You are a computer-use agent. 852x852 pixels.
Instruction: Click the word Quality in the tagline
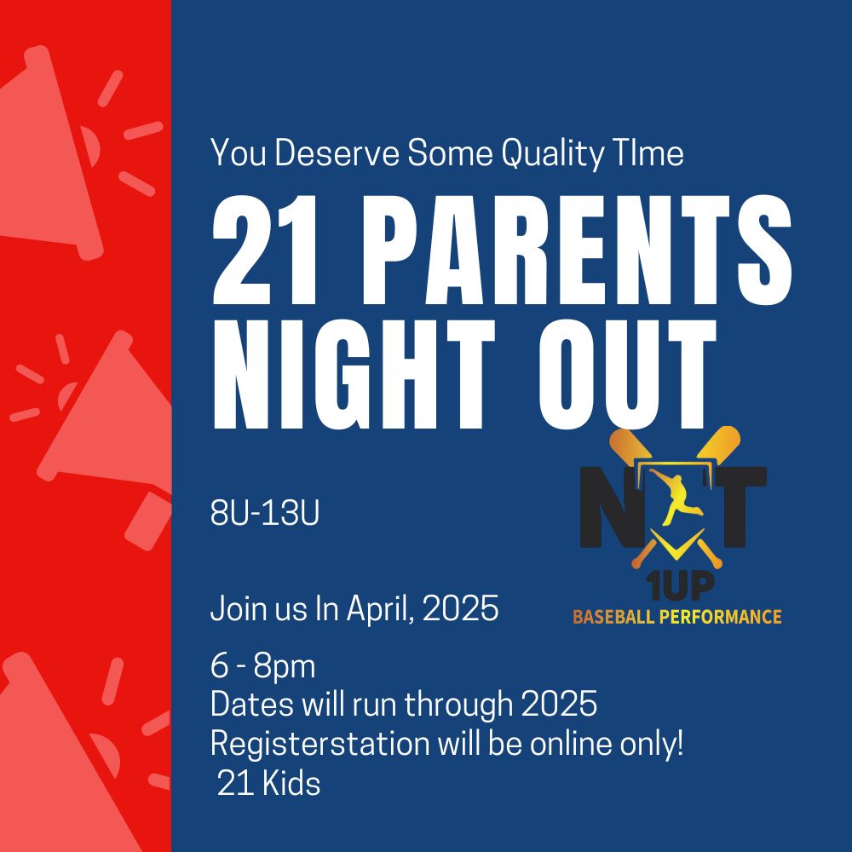tap(552, 154)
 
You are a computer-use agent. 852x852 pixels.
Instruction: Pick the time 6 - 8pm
tap(263, 667)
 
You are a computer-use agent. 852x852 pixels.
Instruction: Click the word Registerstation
tap(320, 744)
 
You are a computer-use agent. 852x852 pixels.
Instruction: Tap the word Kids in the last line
tap(291, 784)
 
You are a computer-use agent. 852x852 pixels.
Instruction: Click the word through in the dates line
tap(458, 705)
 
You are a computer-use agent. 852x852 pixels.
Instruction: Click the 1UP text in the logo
tap(680, 587)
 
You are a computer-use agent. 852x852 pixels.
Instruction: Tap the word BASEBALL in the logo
tap(613, 617)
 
